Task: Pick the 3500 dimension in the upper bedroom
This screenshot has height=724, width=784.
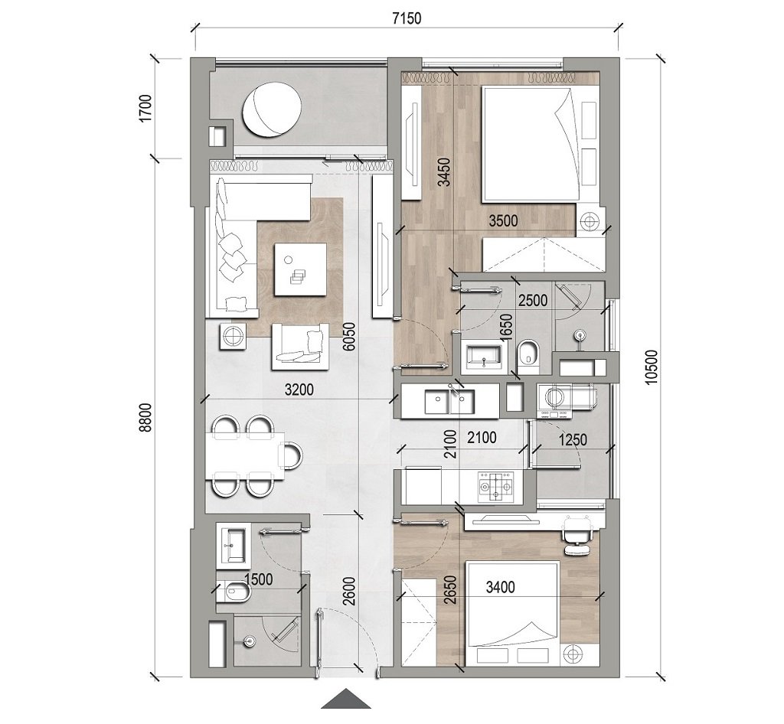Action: (x=504, y=221)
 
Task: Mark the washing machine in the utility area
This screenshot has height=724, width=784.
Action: (x=557, y=401)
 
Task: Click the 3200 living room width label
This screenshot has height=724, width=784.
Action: (x=298, y=389)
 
